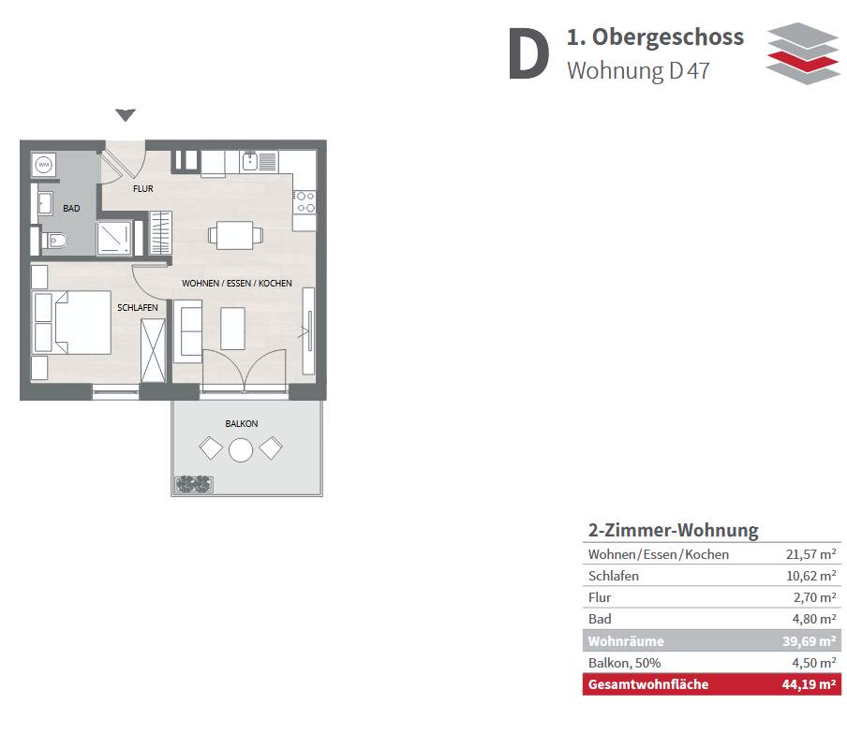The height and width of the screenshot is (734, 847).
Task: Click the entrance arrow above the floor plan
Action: click(x=126, y=115)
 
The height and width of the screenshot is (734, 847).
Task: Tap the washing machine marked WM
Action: click(x=44, y=165)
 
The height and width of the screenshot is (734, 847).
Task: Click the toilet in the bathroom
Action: click(x=54, y=240)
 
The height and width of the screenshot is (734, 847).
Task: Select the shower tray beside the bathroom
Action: click(x=114, y=238)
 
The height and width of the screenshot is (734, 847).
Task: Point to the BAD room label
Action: click(x=71, y=209)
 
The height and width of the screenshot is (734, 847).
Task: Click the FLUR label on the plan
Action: click(x=143, y=189)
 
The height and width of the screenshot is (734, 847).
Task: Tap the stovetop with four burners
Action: click(x=305, y=202)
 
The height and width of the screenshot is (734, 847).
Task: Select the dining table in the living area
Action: click(x=235, y=235)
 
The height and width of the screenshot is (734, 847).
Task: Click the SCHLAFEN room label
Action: click(x=138, y=308)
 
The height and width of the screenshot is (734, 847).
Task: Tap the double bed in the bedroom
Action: click(x=72, y=323)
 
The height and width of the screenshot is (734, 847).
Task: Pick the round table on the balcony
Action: click(x=241, y=450)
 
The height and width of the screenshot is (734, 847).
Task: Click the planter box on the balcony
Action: click(x=193, y=485)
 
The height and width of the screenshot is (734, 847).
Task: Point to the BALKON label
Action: click(x=242, y=424)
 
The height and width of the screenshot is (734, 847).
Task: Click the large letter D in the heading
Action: click(x=528, y=54)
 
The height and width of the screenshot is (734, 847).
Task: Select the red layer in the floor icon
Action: click(x=803, y=61)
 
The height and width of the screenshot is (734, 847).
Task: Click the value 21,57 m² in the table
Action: click(x=810, y=554)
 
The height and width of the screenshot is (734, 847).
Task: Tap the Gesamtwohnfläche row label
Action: click(x=648, y=684)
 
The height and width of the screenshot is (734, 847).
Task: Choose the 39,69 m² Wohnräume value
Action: click(x=810, y=641)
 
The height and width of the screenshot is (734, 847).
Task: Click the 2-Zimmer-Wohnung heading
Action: click(x=673, y=530)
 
